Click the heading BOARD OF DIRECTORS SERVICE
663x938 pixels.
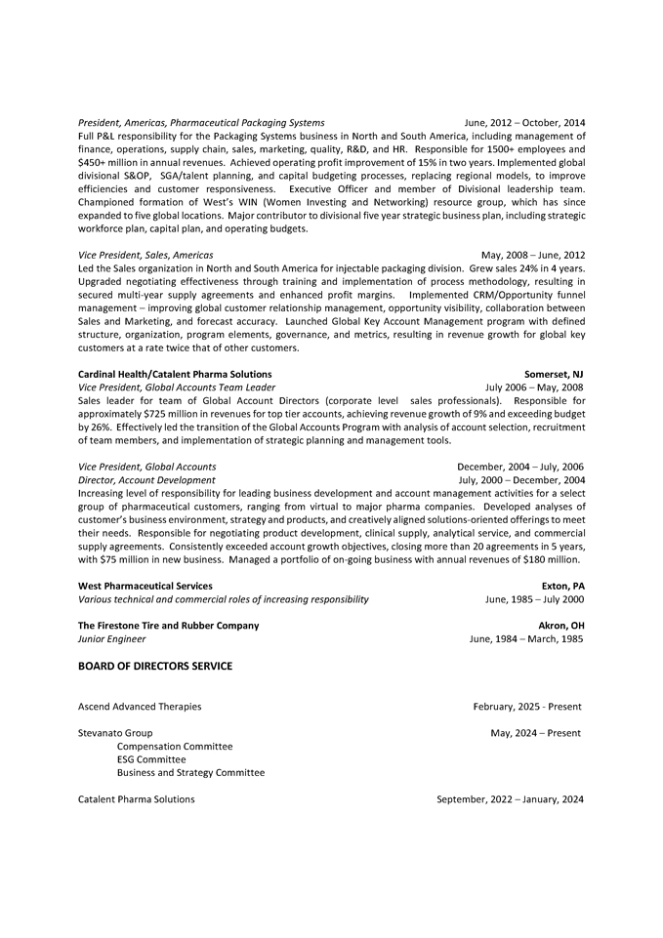click(155, 667)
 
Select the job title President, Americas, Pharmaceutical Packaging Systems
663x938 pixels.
click(201, 122)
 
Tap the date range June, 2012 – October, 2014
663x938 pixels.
click(524, 122)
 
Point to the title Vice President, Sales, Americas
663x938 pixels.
click(145, 255)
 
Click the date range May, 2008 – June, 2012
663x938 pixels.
click(533, 255)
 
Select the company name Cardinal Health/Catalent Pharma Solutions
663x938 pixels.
click(175, 374)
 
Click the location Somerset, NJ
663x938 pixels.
click(554, 374)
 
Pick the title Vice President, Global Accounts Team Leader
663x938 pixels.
click(177, 387)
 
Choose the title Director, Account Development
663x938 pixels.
click(146, 480)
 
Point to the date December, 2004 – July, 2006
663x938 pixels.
click(520, 467)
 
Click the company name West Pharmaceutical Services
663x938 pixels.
click(145, 586)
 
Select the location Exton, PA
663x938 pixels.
click(562, 586)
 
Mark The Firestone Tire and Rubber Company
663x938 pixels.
click(169, 626)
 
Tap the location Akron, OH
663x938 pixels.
click(561, 626)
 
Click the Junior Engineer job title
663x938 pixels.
click(112, 639)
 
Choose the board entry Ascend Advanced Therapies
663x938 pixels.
click(140, 707)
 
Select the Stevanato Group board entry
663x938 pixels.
click(115, 733)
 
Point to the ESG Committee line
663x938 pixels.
click(151, 759)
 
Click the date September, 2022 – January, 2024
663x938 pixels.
click(510, 799)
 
